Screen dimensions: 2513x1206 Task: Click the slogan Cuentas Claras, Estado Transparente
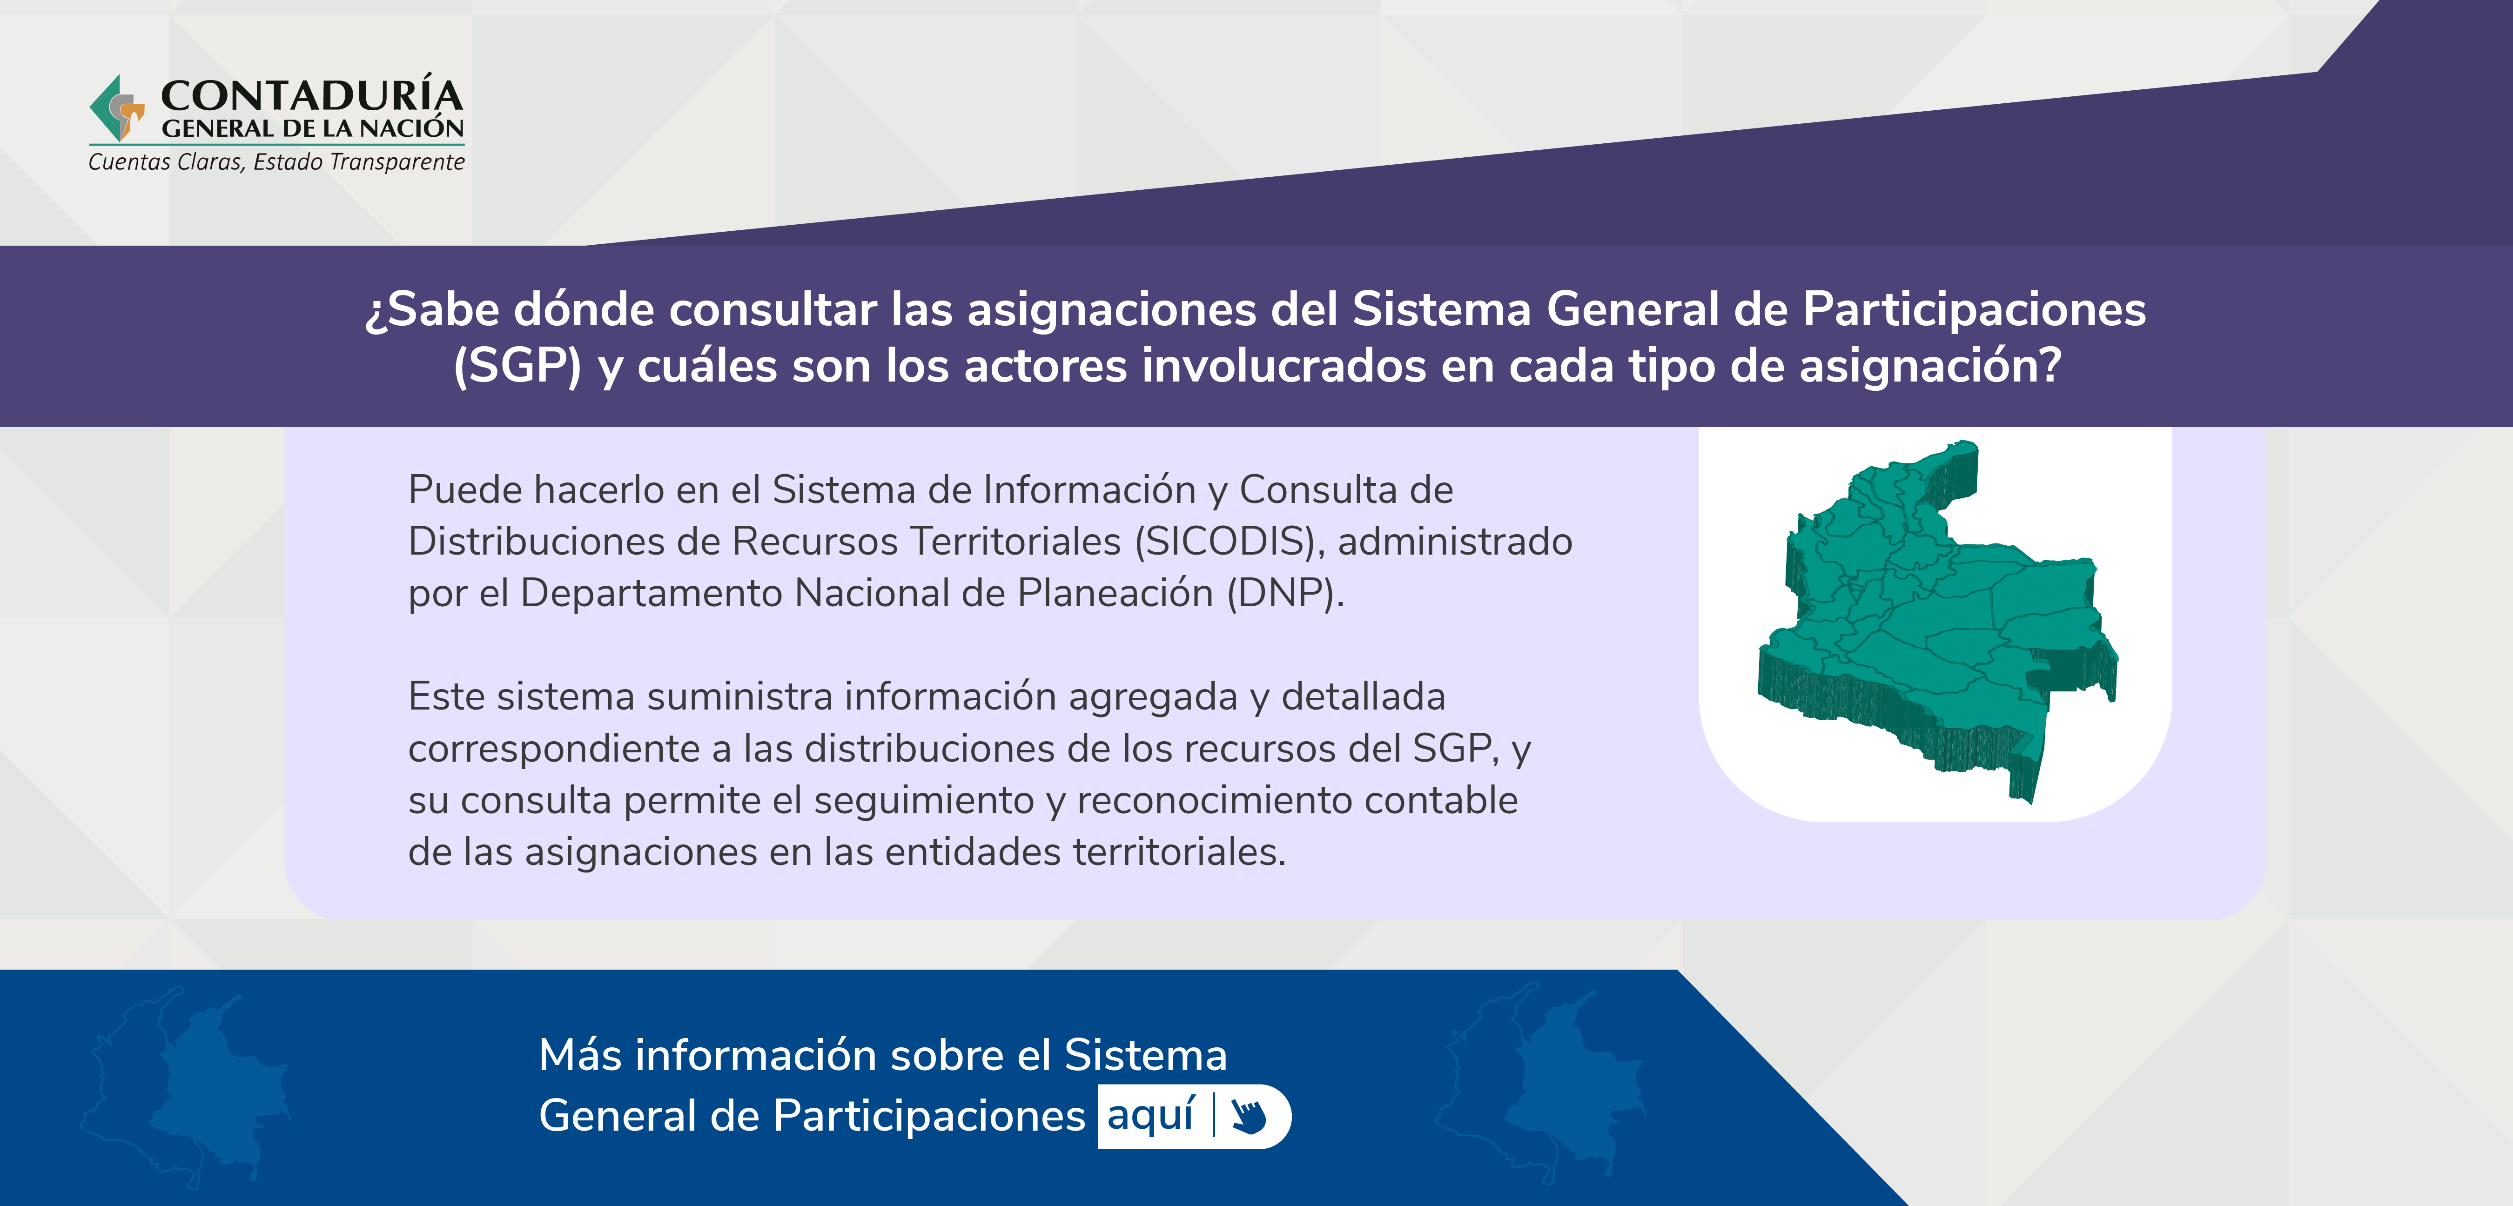(x=276, y=162)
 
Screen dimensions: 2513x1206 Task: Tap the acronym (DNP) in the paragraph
(x=1285, y=593)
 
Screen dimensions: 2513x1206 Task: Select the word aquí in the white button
(x=1151, y=1115)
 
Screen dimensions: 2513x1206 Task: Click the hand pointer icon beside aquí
(x=1248, y=1115)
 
